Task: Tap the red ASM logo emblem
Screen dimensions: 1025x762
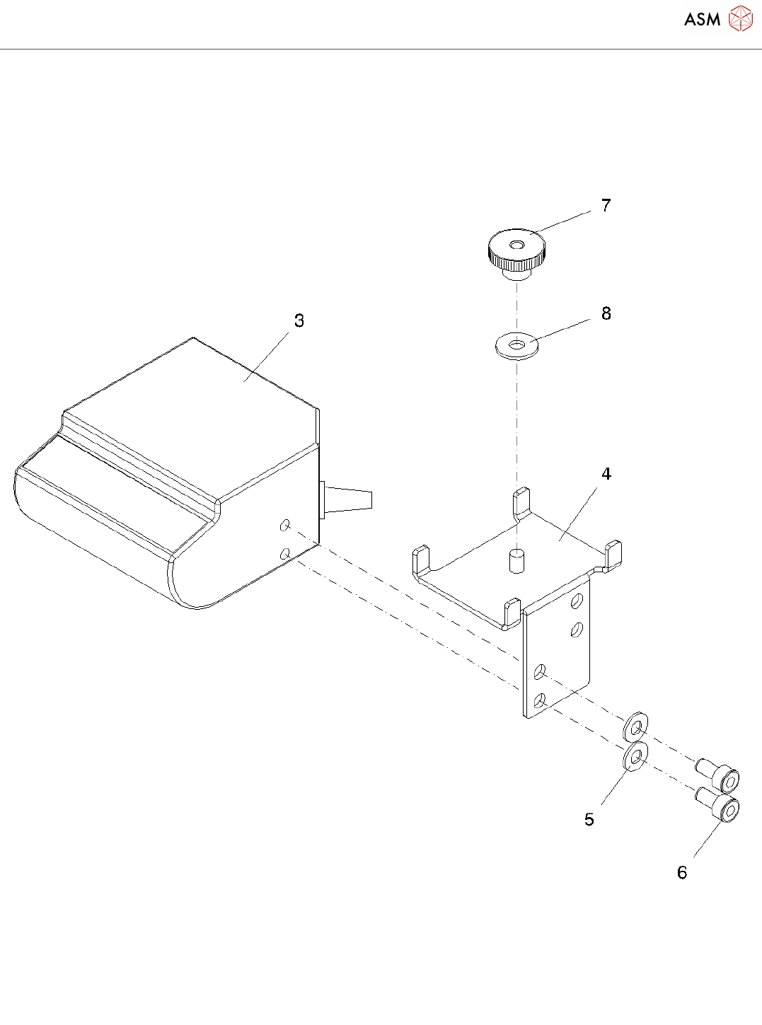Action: [740, 19]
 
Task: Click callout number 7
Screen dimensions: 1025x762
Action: [606, 206]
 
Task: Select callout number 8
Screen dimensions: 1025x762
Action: [606, 314]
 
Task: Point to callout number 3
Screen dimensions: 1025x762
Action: [299, 321]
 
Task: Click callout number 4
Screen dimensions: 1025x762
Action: [606, 474]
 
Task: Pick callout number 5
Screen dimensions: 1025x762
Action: [589, 820]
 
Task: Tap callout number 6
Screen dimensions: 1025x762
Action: [682, 873]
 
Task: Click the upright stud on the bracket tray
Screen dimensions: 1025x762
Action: [517, 560]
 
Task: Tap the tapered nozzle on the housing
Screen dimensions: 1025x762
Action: [350, 498]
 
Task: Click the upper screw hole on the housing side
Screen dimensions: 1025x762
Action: [285, 525]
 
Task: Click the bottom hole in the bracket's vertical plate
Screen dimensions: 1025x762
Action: [540, 700]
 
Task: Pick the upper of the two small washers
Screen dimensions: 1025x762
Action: [636, 726]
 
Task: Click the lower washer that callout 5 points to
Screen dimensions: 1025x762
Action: [635, 756]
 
